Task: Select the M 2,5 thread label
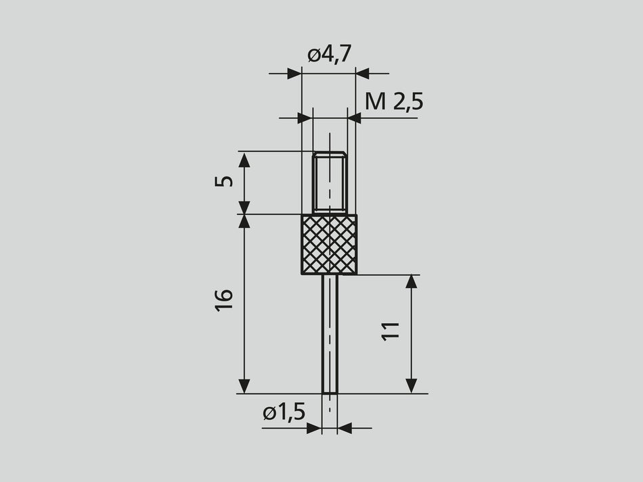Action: pos(394,101)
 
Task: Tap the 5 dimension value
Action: pos(226,180)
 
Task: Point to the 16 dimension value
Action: pos(225,299)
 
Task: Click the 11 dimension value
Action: pos(391,331)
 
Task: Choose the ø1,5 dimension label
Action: pos(284,412)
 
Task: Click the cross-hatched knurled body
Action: pos(329,244)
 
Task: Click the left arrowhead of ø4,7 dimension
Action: pos(294,73)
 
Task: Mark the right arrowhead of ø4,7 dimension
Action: pos(362,73)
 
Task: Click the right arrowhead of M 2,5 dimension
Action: pos(354,118)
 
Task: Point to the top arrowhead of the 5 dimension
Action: pos(244,159)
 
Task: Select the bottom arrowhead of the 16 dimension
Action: pos(244,386)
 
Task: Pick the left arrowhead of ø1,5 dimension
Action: pos(314,428)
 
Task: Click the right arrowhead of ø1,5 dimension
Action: pos(345,428)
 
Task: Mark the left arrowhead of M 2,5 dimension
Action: pos(305,118)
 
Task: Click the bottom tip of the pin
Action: pos(330,392)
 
